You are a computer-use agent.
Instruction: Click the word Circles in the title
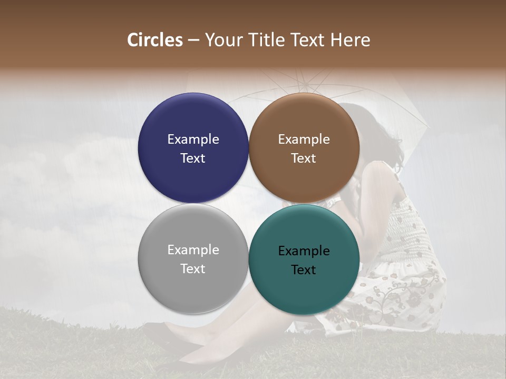coord(154,40)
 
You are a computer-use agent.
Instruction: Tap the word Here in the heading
coord(351,40)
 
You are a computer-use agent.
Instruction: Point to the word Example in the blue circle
coord(193,139)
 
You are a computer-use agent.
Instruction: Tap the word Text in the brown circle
coord(304,158)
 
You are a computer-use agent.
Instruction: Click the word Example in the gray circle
coord(193,250)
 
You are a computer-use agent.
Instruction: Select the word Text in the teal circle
coord(304,270)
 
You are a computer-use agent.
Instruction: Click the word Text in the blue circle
coord(193,158)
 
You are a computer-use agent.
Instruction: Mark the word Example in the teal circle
coord(304,251)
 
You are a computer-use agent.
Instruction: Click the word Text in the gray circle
coord(193,269)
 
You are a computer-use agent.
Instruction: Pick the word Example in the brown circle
coord(304,139)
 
